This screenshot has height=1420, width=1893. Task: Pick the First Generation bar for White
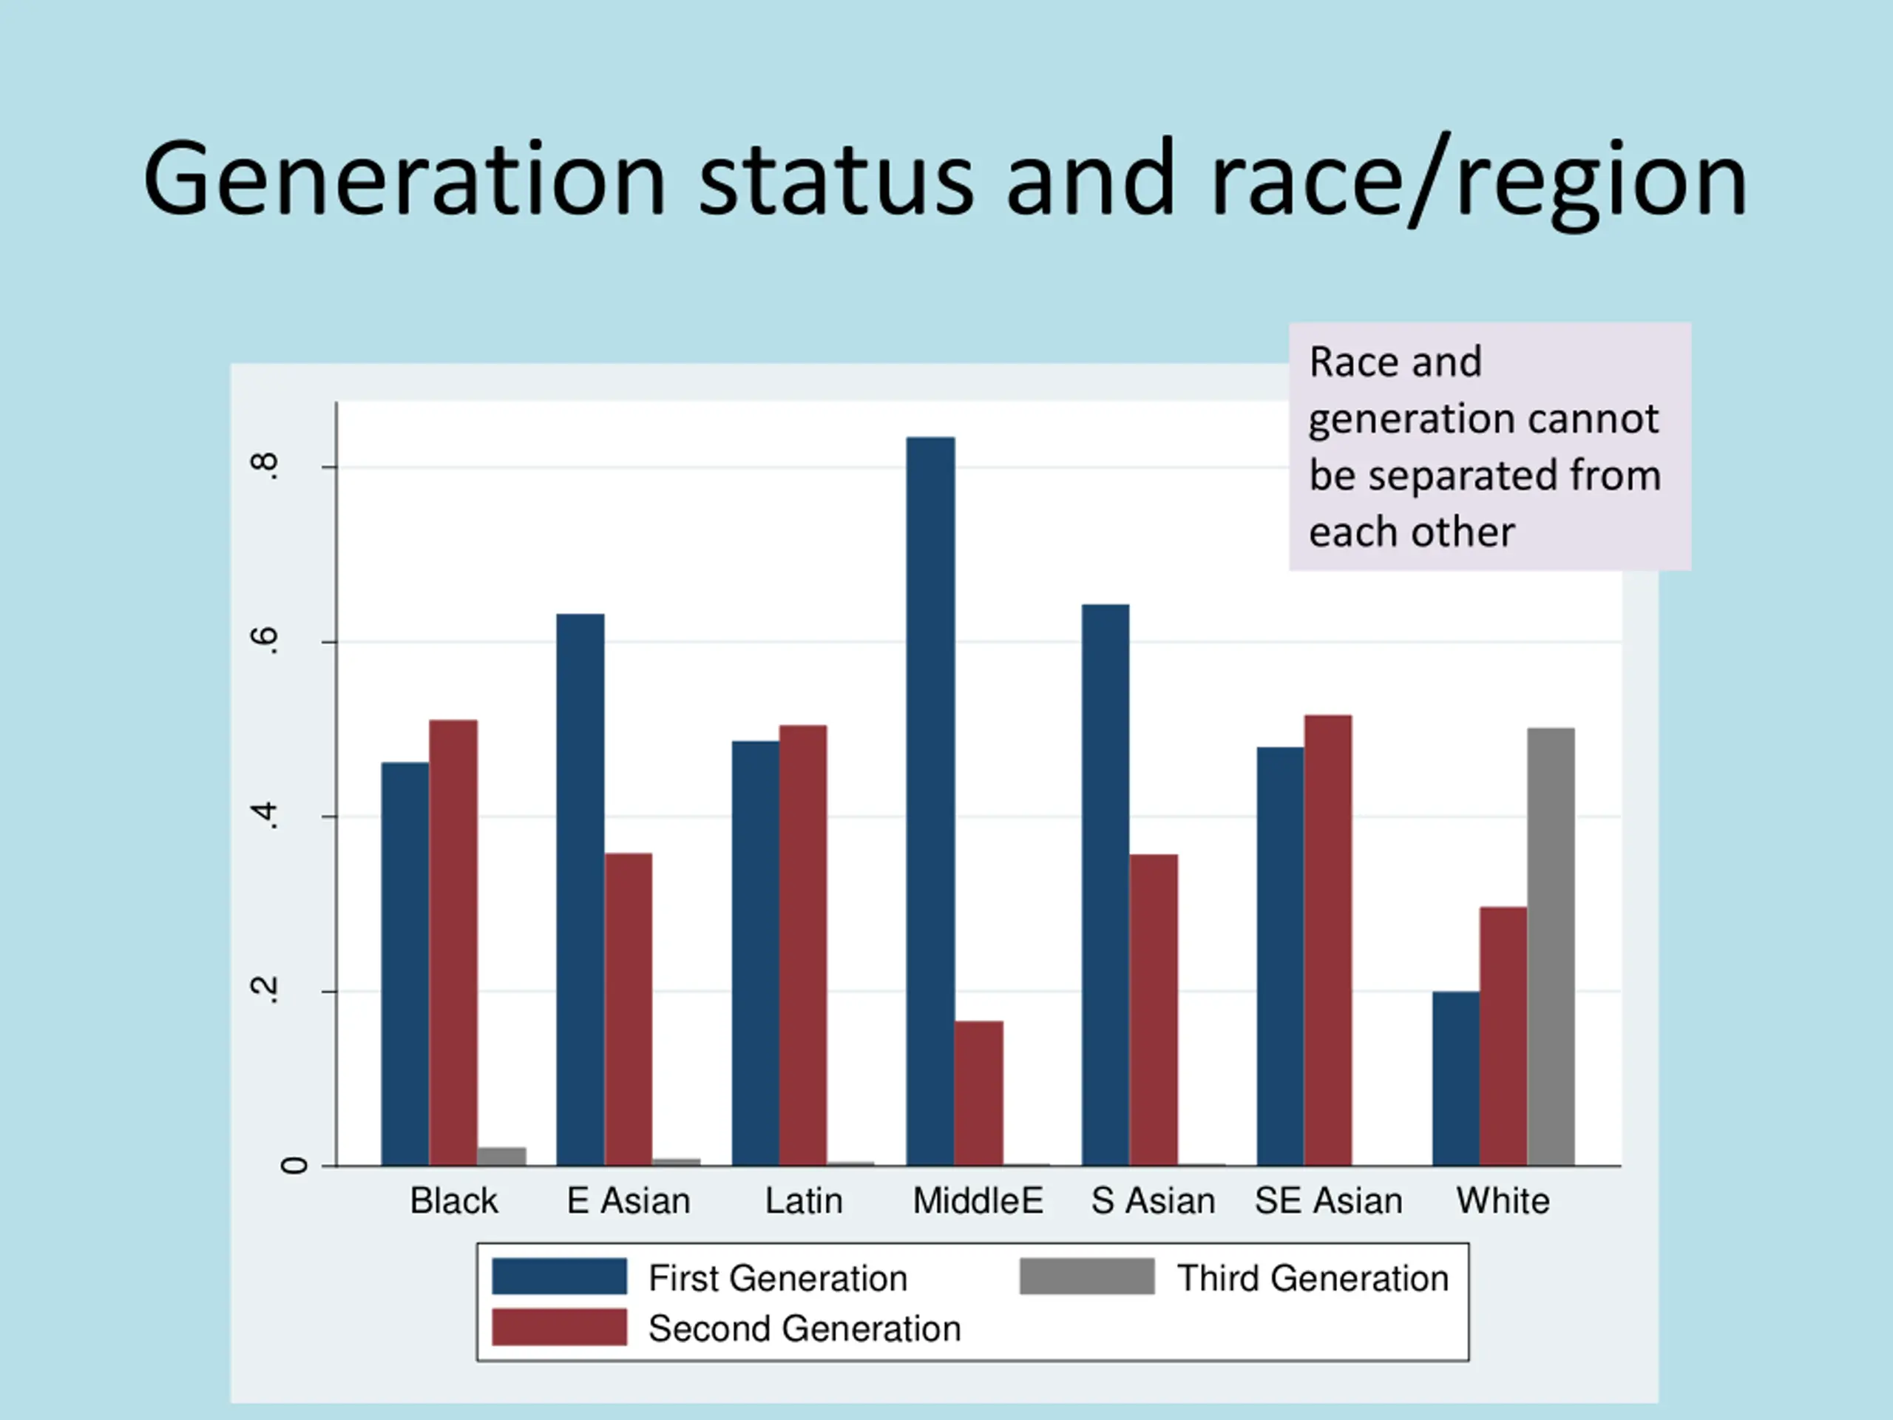(1456, 1078)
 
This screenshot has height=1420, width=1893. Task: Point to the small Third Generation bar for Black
(501, 1155)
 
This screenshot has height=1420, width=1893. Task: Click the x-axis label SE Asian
(1328, 1201)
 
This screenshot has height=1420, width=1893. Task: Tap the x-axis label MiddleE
(978, 1201)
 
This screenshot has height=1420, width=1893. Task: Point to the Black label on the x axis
(453, 1201)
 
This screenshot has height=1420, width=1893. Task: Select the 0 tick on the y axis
(294, 1165)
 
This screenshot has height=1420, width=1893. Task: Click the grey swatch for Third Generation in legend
(1086, 1277)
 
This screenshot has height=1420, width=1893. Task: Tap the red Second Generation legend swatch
(559, 1327)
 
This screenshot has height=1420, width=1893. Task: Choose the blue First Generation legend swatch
(559, 1277)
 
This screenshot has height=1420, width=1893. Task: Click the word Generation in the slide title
(404, 180)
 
